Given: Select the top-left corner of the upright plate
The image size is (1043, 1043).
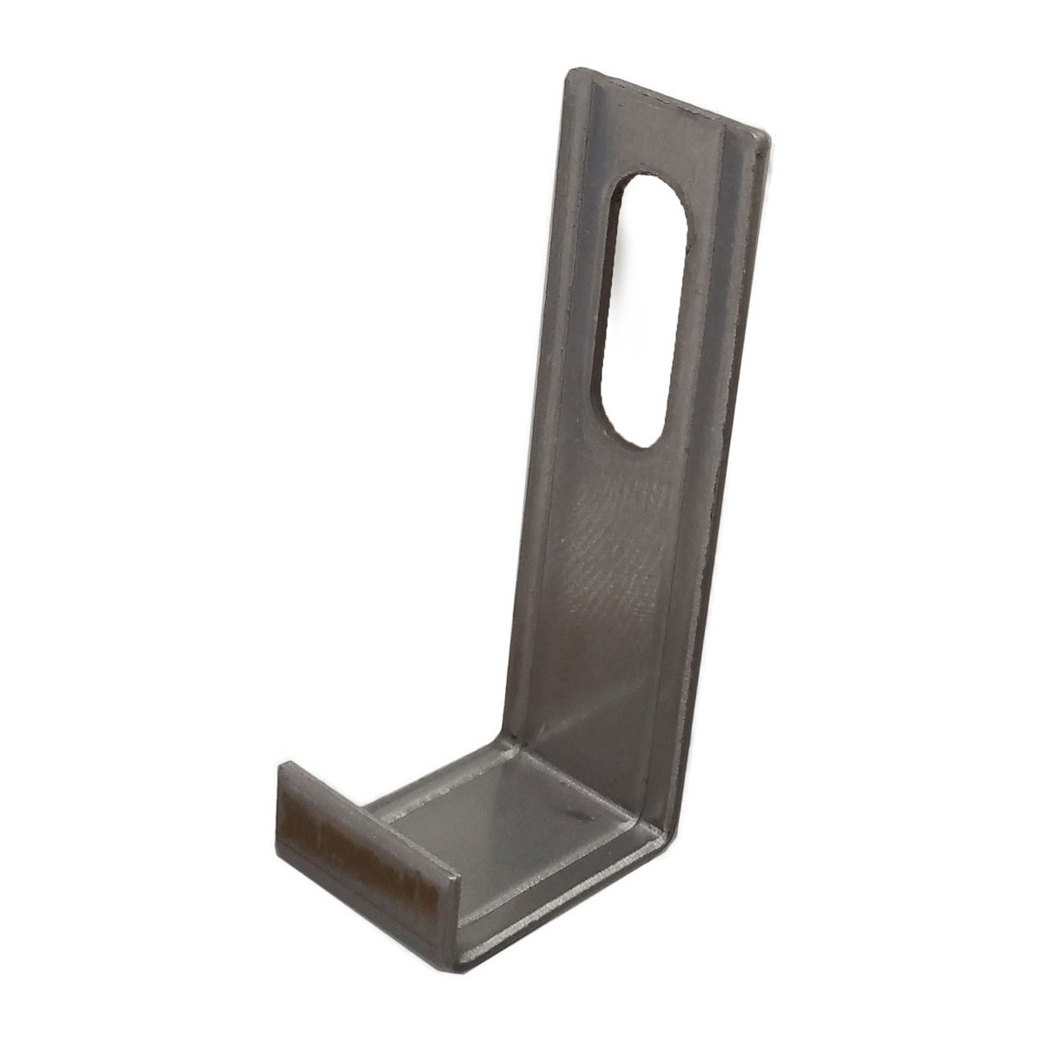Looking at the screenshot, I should (x=572, y=74).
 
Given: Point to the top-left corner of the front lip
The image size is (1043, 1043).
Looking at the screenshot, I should (x=282, y=765).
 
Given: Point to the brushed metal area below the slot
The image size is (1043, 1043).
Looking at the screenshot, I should (x=608, y=565).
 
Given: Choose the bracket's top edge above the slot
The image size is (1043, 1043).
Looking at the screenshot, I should (x=669, y=100).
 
